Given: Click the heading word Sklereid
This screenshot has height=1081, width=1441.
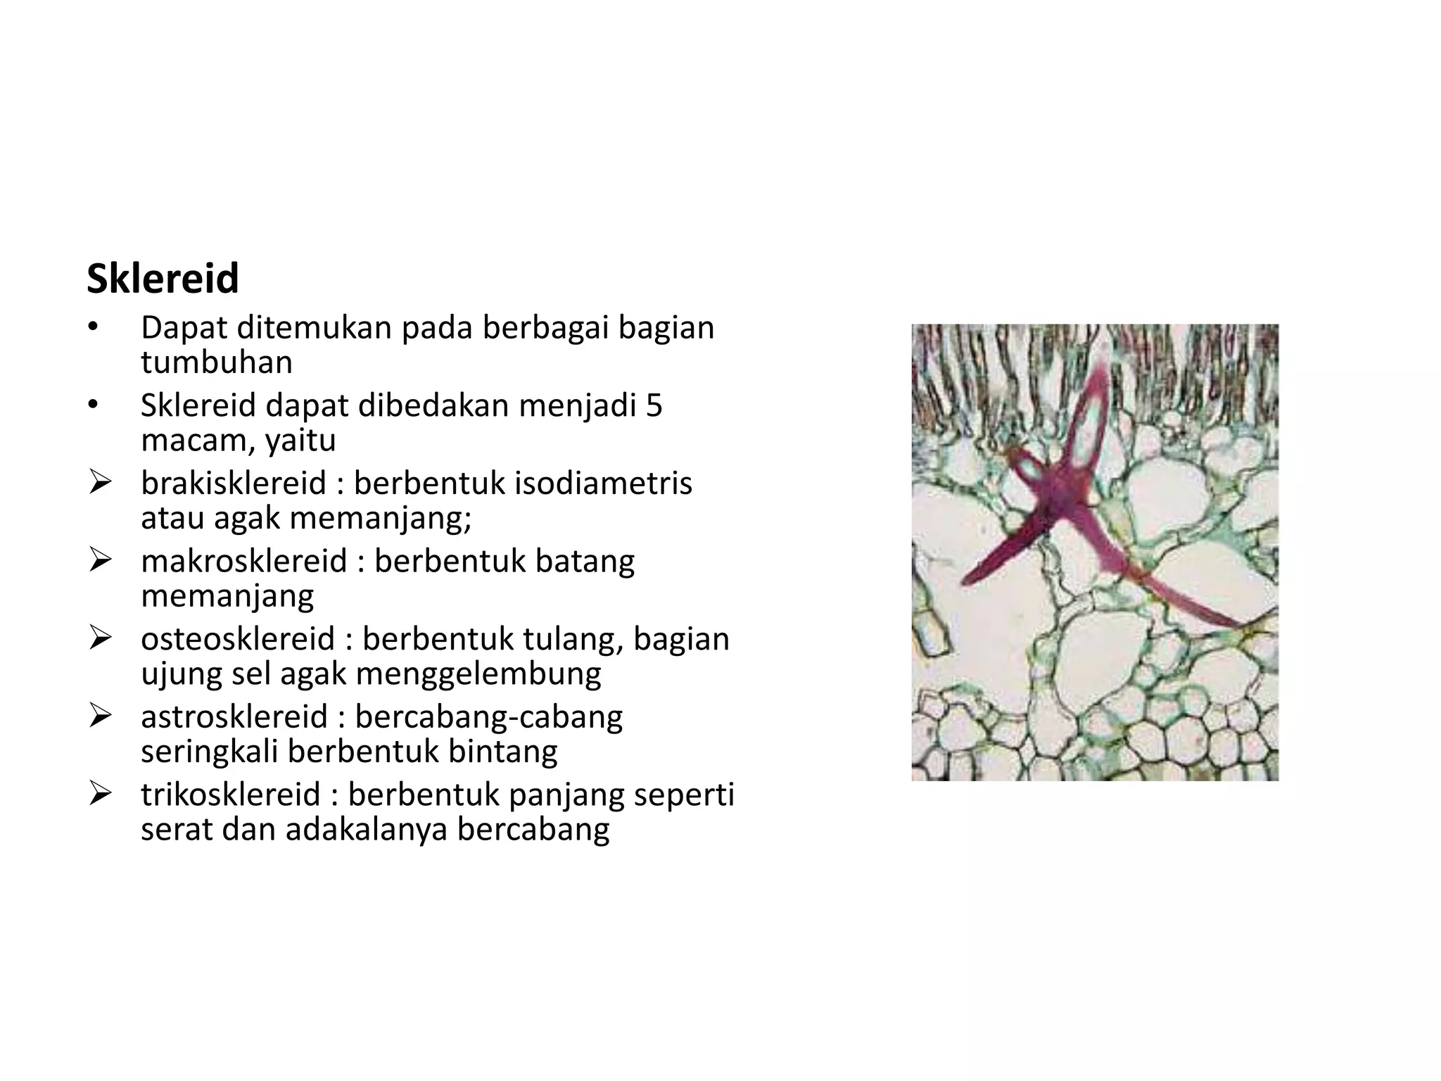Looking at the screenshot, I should pyautogui.click(x=163, y=279).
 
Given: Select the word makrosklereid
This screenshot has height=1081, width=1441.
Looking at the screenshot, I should pyautogui.click(x=243, y=562).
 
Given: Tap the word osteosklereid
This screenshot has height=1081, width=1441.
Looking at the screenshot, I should pyautogui.click(x=237, y=639).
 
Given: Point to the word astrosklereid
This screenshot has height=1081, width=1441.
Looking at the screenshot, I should pyautogui.click(x=234, y=717).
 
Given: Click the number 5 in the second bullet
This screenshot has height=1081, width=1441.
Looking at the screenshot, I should pyautogui.click(x=654, y=406).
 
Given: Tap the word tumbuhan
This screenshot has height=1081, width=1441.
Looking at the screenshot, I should pyautogui.click(x=216, y=363).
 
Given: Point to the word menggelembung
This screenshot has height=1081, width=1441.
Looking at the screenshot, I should pyautogui.click(x=478, y=674).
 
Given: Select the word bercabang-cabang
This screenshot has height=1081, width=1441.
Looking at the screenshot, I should pyautogui.click(x=488, y=717).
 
